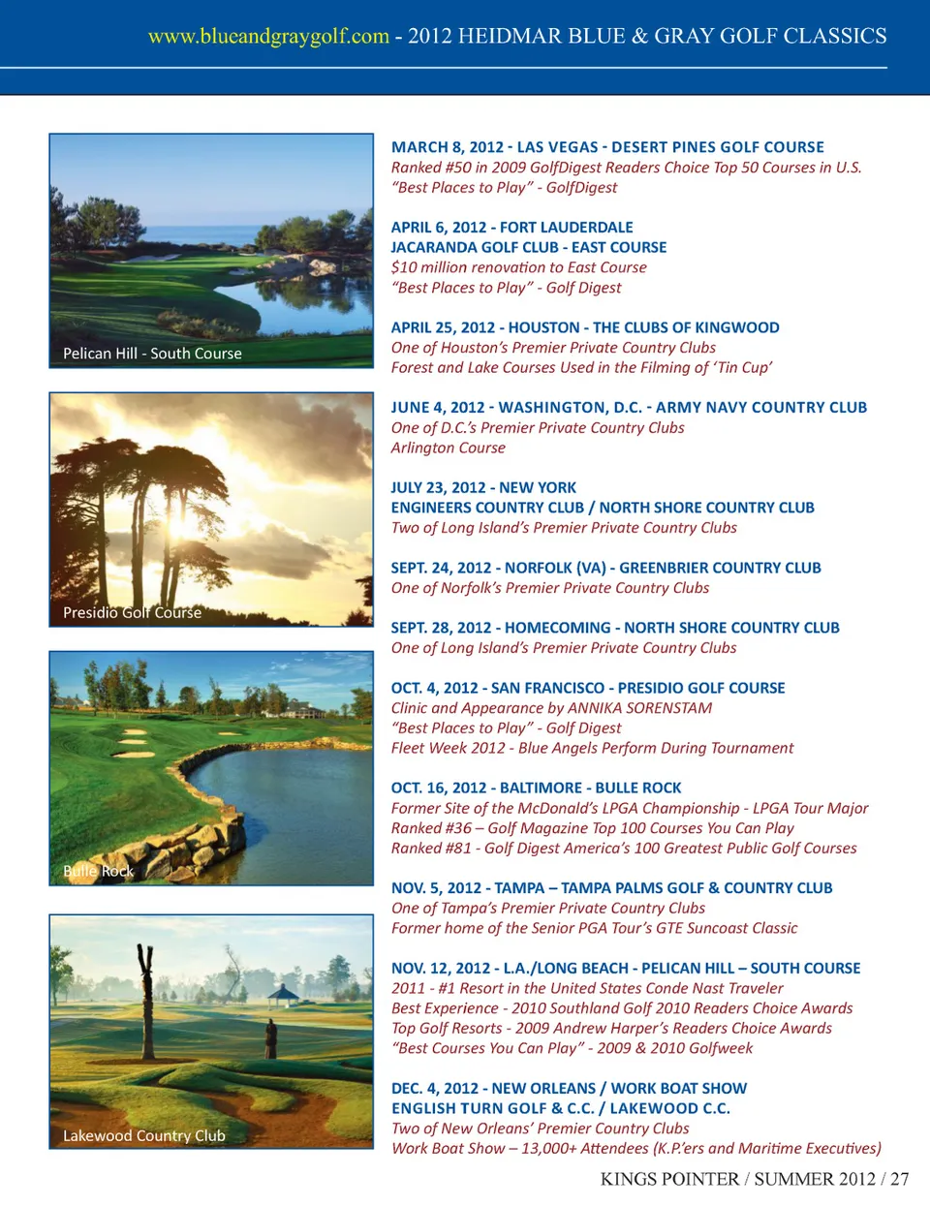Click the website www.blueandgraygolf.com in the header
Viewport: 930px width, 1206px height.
[268, 37]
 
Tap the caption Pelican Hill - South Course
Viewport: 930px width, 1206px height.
[152, 354]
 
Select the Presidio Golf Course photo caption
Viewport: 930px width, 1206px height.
[132, 612]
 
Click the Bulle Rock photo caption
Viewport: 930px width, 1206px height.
[98, 871]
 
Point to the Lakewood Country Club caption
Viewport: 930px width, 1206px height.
[143, 1135]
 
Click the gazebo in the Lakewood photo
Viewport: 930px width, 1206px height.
[283, 994]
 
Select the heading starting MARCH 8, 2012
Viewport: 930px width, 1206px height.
[607, 147]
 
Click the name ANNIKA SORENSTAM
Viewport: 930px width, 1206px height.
[639, 708]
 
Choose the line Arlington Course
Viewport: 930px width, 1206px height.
[448, 448]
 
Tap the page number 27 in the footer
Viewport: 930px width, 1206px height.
[900, 1179]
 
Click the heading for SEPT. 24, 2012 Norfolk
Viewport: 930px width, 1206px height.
[605, 568]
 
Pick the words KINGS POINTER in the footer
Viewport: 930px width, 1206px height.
[669, 1179]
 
